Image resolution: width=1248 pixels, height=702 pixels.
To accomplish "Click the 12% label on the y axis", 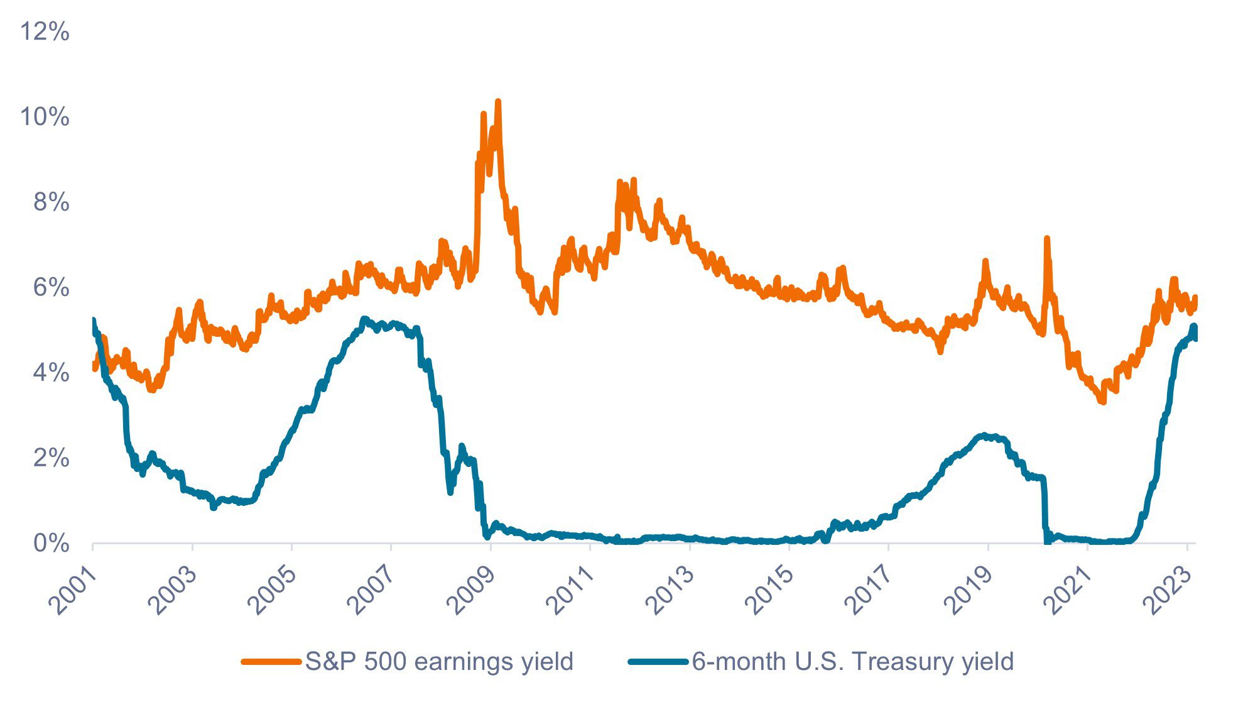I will tap(45, 31).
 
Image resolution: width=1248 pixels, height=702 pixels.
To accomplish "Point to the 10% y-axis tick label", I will tap(45, 117).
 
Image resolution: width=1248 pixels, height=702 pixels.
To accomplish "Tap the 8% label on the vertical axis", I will tap(51, 202).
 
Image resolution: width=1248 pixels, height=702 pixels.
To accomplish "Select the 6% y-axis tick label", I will tap(51, 288).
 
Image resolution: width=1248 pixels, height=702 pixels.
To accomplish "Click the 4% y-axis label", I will tap(51, 373).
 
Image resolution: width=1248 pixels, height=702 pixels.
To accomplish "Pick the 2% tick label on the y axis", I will tap(51, 458).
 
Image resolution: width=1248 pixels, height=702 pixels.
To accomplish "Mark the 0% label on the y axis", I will tap(51, 544).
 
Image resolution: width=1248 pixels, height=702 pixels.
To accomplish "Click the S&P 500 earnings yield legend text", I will tap(439, 662).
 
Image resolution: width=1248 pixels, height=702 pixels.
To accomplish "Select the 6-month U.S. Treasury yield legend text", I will tap(853, 662).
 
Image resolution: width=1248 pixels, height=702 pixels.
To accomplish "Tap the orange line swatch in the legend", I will tap(271, 662).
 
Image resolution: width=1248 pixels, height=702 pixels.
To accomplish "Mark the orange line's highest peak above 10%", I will tap(498, 102).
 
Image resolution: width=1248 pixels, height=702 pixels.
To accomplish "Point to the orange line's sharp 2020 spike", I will tap(1046, 239).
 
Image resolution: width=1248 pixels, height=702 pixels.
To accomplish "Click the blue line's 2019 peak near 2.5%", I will tap(984, 436).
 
